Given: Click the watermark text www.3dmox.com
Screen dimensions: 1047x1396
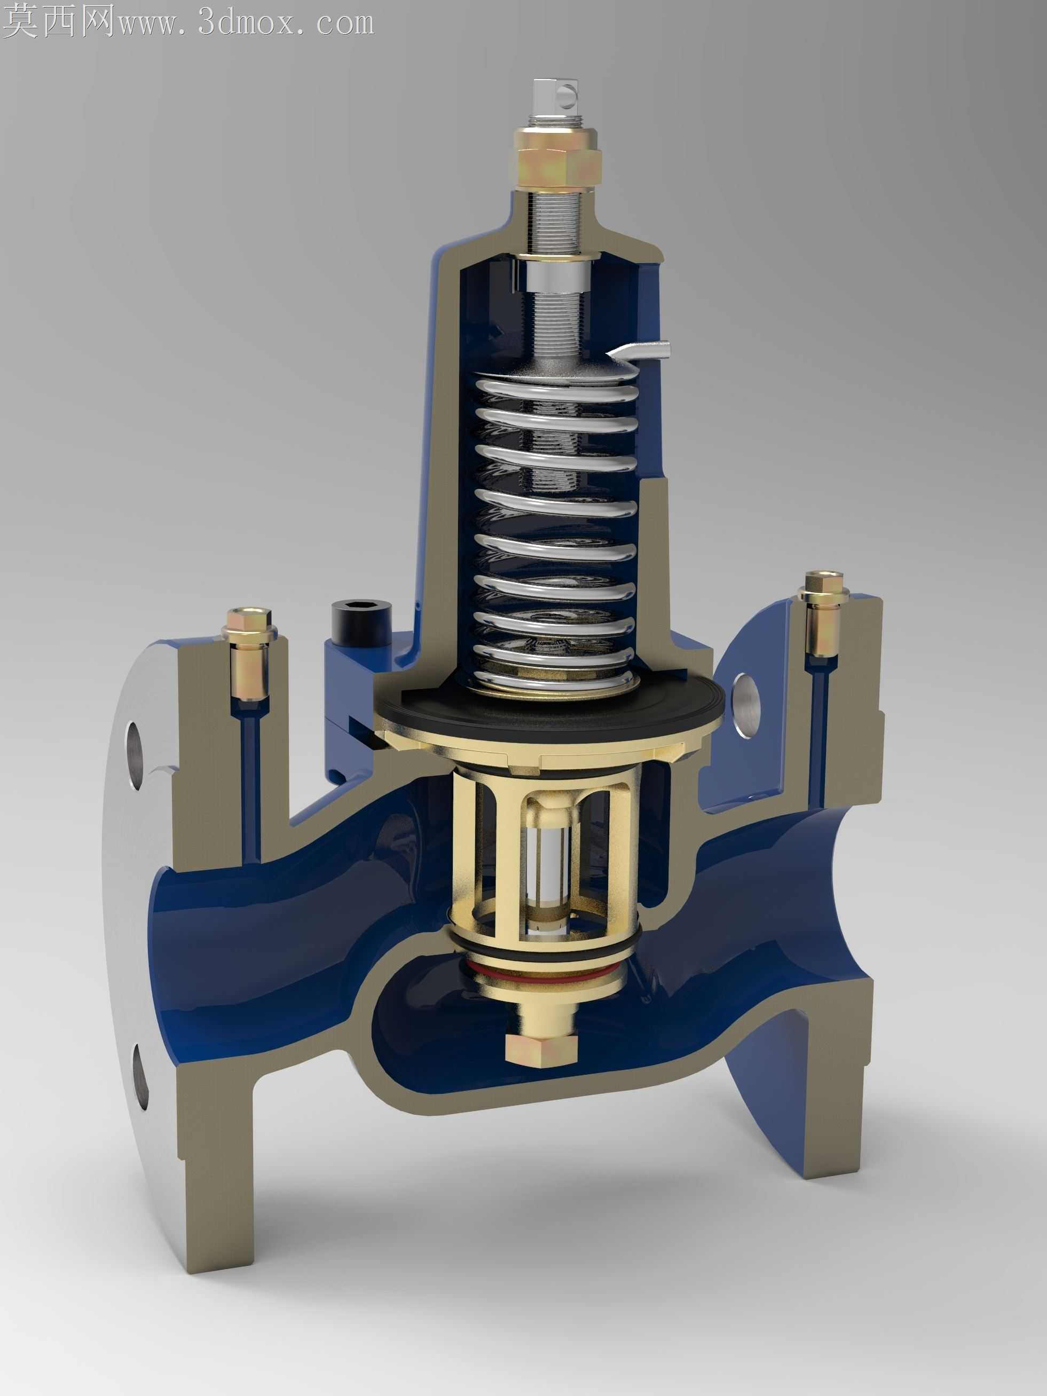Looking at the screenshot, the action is click(x=246, y=23).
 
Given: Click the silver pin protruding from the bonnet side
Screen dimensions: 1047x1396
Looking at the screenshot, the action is click(x=639, y=351).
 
